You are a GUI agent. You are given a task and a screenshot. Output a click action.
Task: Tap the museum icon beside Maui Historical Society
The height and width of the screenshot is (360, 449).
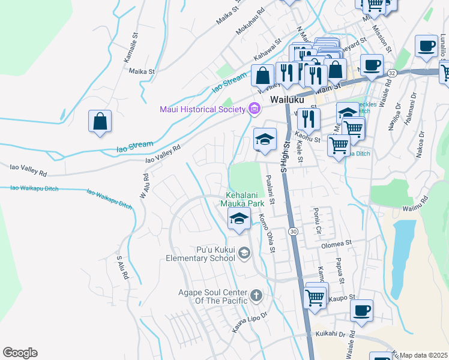255,109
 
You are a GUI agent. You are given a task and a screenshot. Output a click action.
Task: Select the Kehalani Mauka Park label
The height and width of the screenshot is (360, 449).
245,200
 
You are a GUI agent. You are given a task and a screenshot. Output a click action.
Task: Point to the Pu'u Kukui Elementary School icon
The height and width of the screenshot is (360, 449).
244,254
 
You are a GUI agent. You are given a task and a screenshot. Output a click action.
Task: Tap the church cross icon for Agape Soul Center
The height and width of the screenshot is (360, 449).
256,295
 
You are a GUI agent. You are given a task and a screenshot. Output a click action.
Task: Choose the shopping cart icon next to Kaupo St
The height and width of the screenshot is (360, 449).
316,296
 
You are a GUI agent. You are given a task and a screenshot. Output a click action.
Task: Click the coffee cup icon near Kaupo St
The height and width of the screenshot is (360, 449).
361,311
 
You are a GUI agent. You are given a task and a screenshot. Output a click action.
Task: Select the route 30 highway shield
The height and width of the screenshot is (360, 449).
294,231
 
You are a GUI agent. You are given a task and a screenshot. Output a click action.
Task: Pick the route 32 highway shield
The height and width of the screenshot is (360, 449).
392,73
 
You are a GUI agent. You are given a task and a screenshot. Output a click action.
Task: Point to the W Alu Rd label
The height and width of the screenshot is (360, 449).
144,186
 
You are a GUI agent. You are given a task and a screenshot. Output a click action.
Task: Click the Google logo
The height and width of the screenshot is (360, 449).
20,353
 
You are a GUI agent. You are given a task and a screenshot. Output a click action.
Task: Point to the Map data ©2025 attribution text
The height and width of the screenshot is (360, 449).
423,355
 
